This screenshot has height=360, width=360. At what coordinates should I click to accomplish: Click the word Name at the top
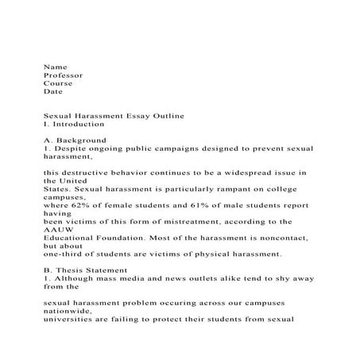(55, 67)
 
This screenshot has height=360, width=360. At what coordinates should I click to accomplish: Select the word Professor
(63, 75)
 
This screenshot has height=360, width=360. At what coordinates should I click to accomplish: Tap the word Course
(58, 83)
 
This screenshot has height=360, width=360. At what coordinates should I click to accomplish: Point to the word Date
(53, 91)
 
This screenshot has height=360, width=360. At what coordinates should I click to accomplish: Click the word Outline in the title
(166, 116)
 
